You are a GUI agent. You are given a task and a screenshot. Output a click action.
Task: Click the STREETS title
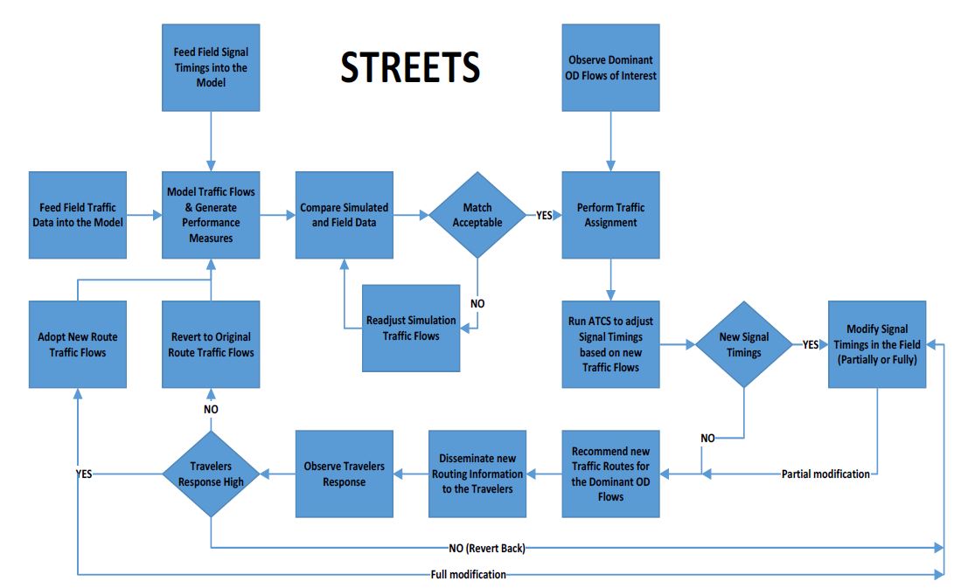tap(410, 67)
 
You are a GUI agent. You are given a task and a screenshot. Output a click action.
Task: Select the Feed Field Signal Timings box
tap(211, 67)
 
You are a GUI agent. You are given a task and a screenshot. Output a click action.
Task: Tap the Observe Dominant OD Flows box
tap(611, 67)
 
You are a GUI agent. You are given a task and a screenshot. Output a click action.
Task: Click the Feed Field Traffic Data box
tap(78, 214)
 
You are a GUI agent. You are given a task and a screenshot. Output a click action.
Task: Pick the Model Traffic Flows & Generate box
tap(211, 214)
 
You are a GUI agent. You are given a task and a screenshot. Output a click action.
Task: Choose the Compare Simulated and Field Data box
tap(344, 214)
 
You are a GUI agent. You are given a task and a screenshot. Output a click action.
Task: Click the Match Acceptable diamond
tap(477, 214)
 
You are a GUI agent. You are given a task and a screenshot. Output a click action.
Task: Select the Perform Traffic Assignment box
tap(611, 214)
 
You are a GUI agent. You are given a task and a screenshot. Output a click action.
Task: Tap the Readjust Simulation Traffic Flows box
tap(411, 329)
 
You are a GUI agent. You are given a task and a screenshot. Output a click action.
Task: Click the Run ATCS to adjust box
tap(611, 344)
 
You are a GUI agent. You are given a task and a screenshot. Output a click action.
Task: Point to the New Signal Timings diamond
tap(743, 344)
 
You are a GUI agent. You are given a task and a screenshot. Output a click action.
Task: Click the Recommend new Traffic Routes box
tap(611, 474)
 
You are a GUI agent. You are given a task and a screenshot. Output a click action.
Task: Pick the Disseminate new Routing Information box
tap(477, 474)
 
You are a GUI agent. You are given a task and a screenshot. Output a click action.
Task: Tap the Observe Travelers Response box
tap(344, 474)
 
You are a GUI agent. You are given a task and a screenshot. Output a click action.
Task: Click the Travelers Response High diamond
tap(211, 474)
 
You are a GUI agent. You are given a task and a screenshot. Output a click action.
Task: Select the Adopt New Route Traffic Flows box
tap(78, 344)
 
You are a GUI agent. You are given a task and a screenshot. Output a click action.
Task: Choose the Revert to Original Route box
tap(211, 344)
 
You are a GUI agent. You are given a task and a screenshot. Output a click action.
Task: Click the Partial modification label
tap(825, 474)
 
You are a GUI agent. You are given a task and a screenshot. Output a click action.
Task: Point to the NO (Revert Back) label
tap(487, 548)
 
